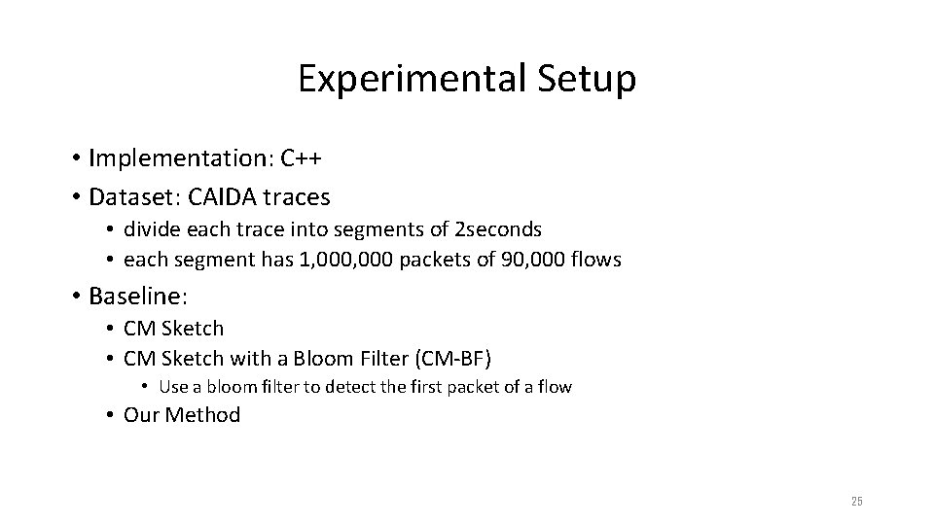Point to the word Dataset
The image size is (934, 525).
tap(125, 197)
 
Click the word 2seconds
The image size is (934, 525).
tap(498, 230)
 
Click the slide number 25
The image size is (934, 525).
tap(856, 502)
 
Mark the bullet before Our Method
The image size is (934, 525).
tap(111, 416)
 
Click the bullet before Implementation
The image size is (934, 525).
tap(75, 158)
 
